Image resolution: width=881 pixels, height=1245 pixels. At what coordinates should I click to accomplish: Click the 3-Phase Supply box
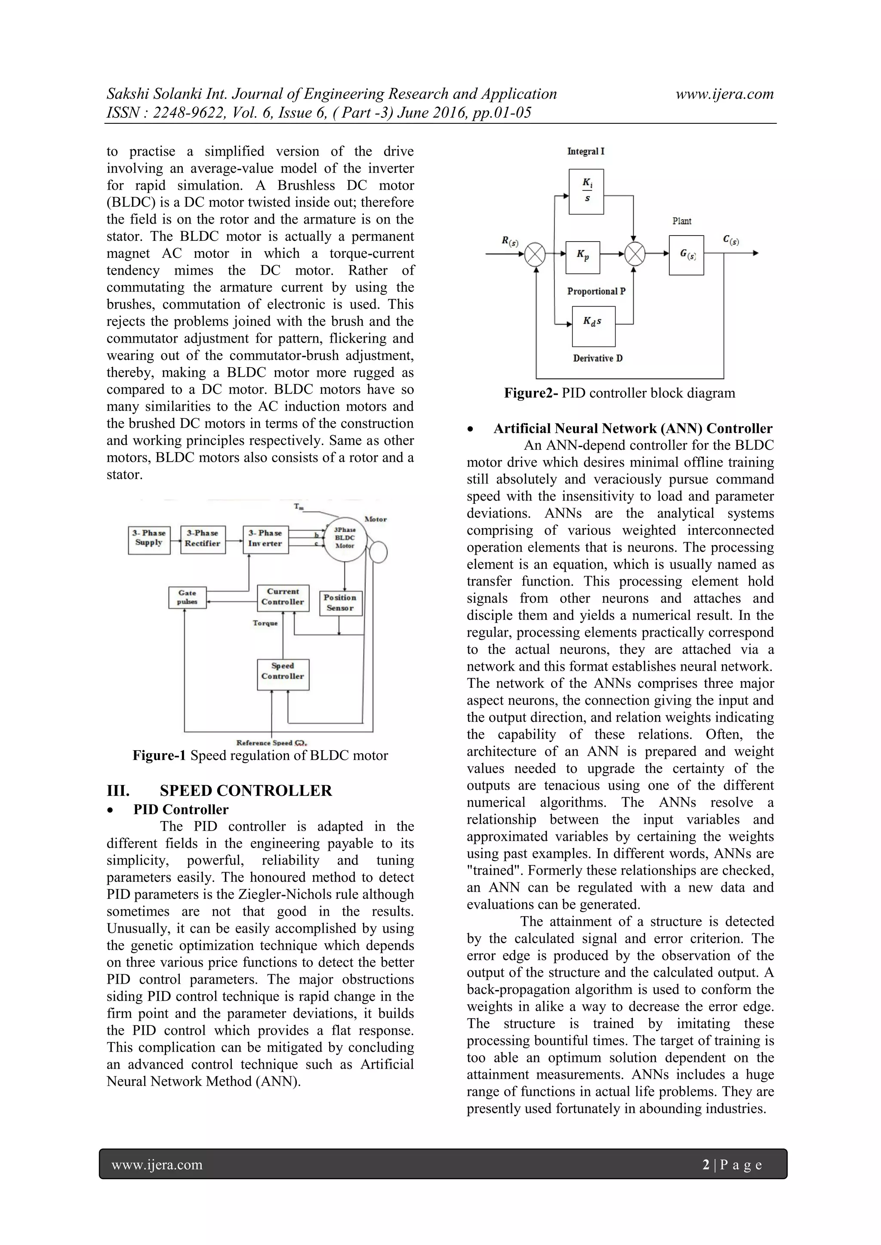pyautogui.click(x=149, y=540)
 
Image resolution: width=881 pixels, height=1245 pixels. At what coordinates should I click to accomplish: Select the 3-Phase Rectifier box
pyautogui.click(x=202, y=540)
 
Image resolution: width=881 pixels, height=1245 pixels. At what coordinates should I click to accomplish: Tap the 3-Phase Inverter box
pyautogui.click(x=266, y=540)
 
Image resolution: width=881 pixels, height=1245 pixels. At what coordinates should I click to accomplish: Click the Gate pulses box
pyautogui.click(x=187, y=598)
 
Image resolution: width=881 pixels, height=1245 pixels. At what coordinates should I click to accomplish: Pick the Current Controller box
pyautogui.click(x=283, y=598)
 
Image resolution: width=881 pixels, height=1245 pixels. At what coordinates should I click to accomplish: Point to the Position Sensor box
pyautogui.click(x=340, y=603)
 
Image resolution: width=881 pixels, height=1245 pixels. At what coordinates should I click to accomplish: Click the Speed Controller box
pyautogui.click(x=283, y=674)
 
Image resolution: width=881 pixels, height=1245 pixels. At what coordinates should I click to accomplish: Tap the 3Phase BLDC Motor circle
pyautogui.click(x=345, y=539)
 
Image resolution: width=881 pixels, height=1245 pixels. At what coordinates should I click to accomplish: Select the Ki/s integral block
pyautogui.click(x=586, y=191)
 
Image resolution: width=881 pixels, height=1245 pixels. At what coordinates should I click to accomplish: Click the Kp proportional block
pyautogui.click(x=582, y=257)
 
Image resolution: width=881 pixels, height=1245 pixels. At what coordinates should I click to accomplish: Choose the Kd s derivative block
pyautogui.click(x=594, y=326)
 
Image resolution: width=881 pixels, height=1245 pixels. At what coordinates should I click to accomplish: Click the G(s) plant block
pyautogui.click(x=686, y=255)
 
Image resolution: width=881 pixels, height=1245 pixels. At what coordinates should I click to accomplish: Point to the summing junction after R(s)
pyautogui.click(x=536, y=254)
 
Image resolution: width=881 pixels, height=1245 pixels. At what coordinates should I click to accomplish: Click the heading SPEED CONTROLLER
pyautogui.click(x=245, y=791)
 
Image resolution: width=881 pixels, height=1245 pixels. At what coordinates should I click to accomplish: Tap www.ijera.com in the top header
pyautogui.click(x=724, y=94)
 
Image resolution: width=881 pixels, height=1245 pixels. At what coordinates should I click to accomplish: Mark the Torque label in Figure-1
pyautogui.click(x=265, y=623)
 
